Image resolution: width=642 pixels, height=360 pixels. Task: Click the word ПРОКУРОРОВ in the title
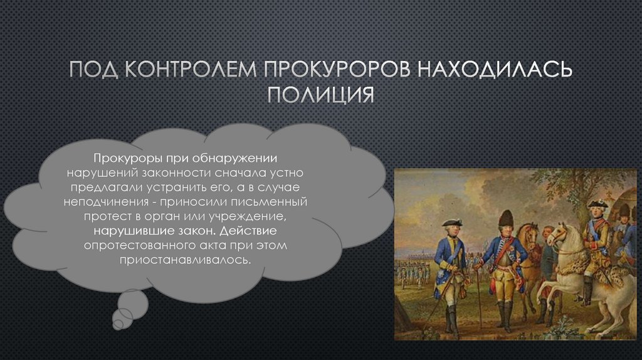tap(337, 69)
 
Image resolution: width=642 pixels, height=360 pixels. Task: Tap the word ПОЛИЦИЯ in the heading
tap(320, 94)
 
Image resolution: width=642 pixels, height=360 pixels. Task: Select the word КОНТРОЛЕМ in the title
tap(191, 69)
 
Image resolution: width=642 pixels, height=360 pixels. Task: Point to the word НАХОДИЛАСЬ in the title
tap(494, 69)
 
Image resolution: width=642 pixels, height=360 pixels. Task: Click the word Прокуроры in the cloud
tap(128, 159)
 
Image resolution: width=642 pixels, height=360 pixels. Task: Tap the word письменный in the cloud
tap(269, 202)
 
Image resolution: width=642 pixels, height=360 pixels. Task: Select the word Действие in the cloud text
tap(248, 231)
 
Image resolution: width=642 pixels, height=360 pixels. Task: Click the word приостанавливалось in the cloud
tap(185, 260)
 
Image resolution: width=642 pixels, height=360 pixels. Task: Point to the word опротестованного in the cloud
tap(140, 246)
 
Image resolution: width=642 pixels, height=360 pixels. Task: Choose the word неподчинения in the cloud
tap(106, 202)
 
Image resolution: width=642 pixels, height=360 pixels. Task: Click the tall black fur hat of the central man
tap(506, 218)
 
